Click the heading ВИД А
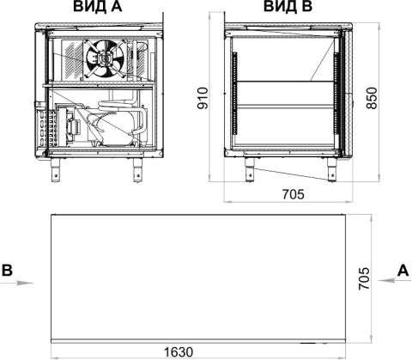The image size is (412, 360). (98, 6)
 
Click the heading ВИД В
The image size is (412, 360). (288, 6)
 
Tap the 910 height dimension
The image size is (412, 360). (203, 98)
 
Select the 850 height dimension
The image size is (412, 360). (372, 98)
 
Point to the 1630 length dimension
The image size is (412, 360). (179, 352)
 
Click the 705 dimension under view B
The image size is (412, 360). (294, 194)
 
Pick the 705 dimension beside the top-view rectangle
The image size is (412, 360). (364, 278)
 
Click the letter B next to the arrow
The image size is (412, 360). (7, 270)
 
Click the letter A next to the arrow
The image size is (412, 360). (403, 270)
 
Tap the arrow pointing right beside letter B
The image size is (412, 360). (16, 284)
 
